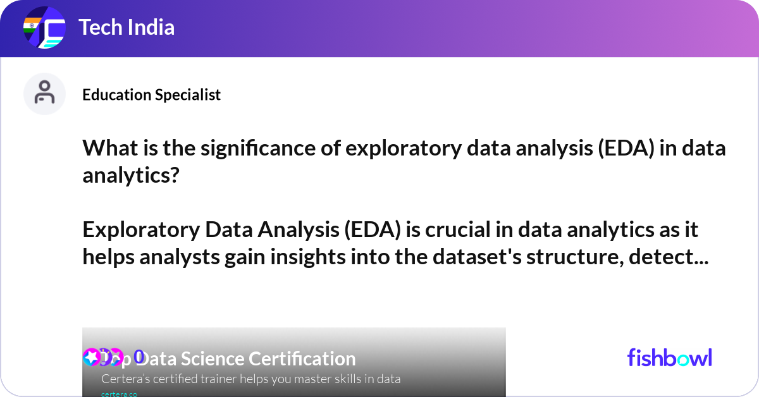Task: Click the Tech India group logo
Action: (44, 28)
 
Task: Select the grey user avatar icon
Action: (44, 94)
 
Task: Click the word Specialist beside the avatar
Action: (190, 95)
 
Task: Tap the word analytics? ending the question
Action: (131, 174)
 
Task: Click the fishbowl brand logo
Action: (669, 358)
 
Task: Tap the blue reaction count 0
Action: (139, 357)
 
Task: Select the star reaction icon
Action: (91, 357)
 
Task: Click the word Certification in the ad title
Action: (302, 359)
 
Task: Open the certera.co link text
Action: (119, 393)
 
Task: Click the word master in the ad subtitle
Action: (302, 379)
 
